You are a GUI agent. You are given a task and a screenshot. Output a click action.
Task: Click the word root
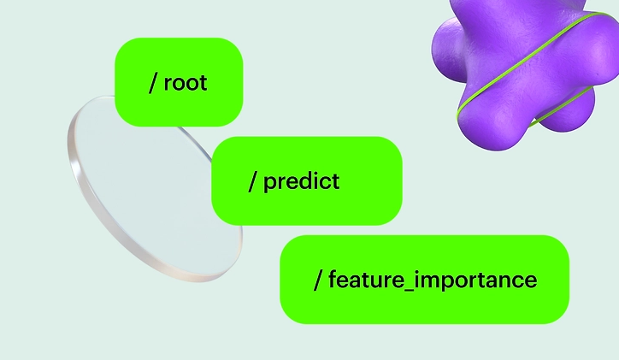186,83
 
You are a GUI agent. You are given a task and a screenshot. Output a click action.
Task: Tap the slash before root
153,83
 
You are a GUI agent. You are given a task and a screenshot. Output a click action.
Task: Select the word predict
301,182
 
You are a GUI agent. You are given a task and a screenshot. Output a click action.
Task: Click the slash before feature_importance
318,280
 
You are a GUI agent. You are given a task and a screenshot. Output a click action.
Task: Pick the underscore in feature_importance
405,290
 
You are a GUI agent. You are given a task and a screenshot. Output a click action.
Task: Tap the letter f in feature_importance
333,279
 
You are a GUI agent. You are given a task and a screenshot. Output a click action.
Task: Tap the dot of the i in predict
314,174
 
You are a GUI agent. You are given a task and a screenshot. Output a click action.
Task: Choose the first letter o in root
179,84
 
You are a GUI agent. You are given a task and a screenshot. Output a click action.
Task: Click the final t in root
203,83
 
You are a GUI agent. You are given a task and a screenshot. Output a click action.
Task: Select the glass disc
155,189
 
